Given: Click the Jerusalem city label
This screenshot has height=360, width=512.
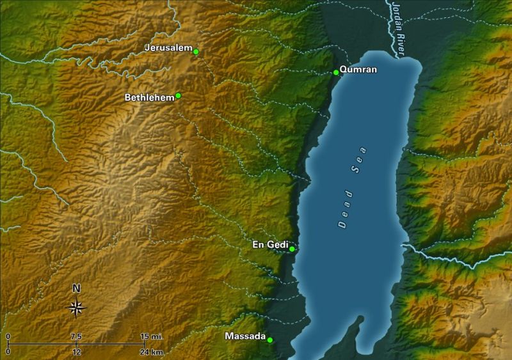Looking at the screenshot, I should click(x=168, y=48).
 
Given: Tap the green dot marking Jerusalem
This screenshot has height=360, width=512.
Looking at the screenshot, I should click(x=196, y=51).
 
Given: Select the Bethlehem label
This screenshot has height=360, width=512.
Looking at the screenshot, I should click(x=149, y=98).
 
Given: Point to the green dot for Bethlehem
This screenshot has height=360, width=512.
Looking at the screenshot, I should click(x=178, y=95).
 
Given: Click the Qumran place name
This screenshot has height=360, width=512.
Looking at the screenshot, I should click(x=358, y=70).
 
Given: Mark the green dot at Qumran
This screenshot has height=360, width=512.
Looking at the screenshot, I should click(x=336, y=72).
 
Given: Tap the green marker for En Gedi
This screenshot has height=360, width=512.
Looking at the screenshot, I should click(x=292, y=249).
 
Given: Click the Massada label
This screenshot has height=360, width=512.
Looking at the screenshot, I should click(x=244, y=336).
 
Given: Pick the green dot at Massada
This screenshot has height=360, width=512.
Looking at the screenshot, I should click(x=269, y=340).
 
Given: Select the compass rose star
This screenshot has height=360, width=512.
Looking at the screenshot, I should click(x=76, y=308).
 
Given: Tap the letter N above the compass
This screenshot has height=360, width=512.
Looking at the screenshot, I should click(x=76, y=288).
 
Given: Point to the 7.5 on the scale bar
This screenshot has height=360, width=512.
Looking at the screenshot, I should click(x=76, y=336).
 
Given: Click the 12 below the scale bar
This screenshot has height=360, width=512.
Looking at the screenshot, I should click(x=76, y=352).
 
